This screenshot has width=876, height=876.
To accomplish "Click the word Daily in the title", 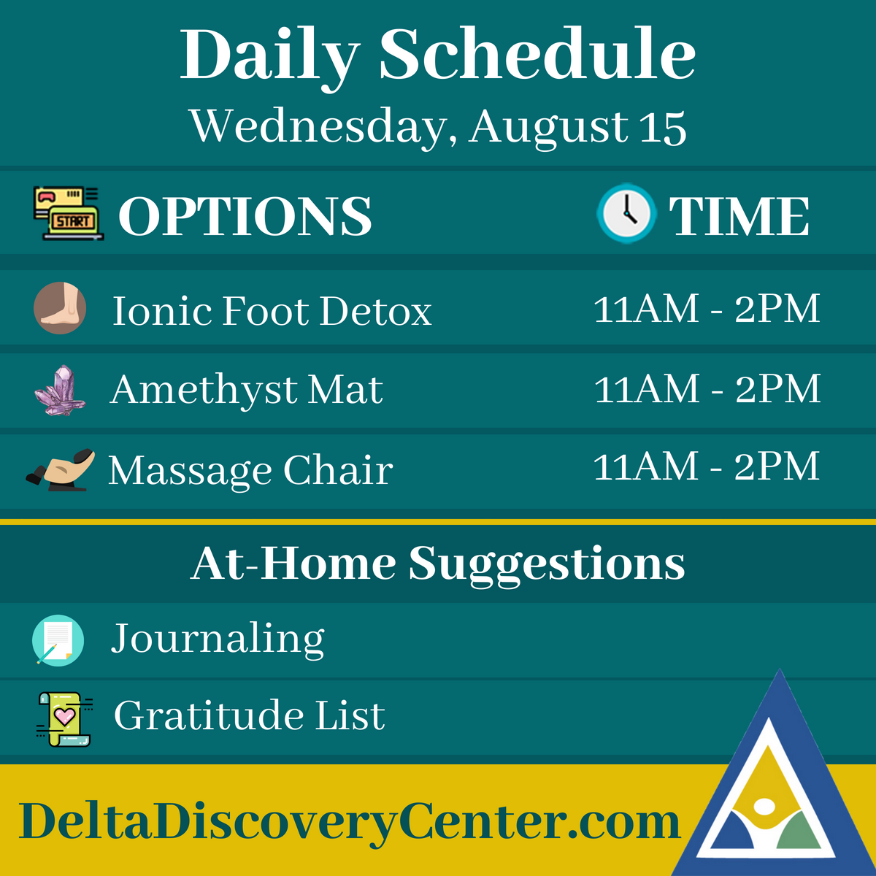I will coord(270,57).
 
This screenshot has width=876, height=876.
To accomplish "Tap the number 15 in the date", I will coord(663,127).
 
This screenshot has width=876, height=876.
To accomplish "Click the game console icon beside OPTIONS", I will coord(68,213).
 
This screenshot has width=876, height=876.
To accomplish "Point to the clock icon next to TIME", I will coord(626,214).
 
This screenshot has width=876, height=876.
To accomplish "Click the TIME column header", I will coord(739,216).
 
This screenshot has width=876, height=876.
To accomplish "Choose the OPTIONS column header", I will coord(245,216).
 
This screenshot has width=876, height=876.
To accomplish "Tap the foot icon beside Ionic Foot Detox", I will coord(60,308).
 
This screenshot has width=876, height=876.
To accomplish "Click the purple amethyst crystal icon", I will coord(60,390).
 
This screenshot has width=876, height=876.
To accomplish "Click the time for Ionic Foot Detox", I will coord(707,309).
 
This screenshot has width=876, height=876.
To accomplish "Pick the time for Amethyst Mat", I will coord(707,388).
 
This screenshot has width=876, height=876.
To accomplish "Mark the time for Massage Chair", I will coord(707,467).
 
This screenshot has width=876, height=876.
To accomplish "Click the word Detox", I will coord(375,311).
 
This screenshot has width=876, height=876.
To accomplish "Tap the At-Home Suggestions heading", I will coord(438,564).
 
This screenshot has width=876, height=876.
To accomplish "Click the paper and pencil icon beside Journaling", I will coord(58,640).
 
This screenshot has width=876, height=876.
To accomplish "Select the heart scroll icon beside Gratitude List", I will coord(64,718).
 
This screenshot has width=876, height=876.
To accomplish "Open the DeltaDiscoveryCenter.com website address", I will coord(350,822).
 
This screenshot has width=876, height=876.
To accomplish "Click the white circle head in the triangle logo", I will coord(764,807).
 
